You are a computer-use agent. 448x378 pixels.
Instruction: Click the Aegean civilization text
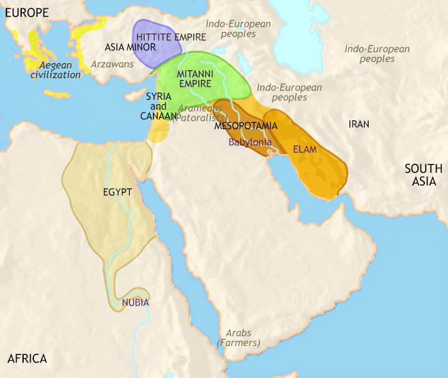[x=55, y=70]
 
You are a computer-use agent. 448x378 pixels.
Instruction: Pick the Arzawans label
[x=112, y=65]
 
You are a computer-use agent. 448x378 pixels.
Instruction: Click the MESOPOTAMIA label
[x=246, y=126]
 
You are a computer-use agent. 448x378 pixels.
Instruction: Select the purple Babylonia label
[x=250, y=143]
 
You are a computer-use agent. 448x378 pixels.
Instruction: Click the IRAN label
[x=358, y=124]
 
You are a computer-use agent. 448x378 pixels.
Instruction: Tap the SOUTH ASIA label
[x=423, y=175]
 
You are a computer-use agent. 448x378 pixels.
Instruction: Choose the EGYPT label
[x=117, y=192]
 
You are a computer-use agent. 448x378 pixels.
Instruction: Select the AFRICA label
[x=28, y=358]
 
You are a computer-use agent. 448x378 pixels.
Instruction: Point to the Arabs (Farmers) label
[x=238, y=338]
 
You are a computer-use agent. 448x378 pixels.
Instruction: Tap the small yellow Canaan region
[x=159, y=131]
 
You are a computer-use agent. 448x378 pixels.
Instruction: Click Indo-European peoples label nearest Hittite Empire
[x=239, y=30]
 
